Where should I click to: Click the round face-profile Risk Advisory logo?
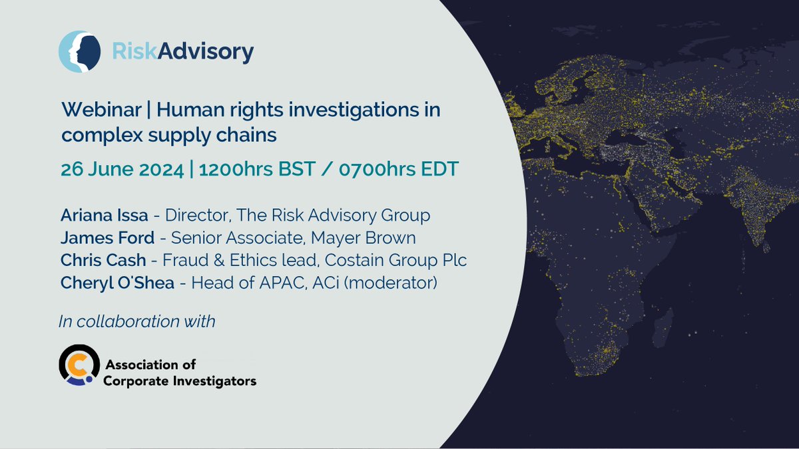(x=79, y=52)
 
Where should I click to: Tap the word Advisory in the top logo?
(x=206, y=53)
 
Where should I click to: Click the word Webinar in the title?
(x=101, y=110)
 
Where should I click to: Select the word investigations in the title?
(x=354, y=110)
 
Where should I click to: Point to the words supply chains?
(x=212, y=136)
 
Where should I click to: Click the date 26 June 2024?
(x=123, y=169)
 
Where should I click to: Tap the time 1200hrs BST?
(x=257, y=169)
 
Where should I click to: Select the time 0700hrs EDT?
(x=398, y=169)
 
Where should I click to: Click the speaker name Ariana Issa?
(x=104, y=216)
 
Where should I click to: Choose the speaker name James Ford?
(x=107, y=237)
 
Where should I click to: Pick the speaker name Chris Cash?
(x=103, y=260)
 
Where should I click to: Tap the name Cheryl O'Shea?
(x=117, y=283)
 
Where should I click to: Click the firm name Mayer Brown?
(x=363, y=238)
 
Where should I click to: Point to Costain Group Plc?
(x=396, y=261)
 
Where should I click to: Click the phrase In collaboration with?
(x=137, y=321)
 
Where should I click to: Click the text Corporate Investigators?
(x=180, y=381)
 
